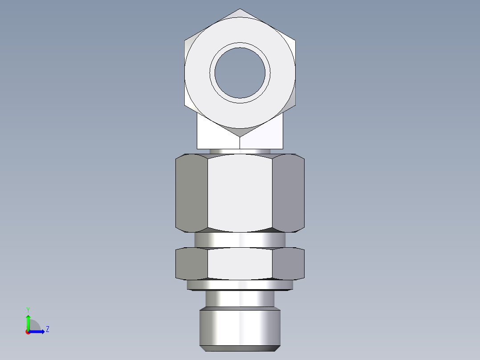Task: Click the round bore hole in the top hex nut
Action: pyautogui.click(x=240, y=73)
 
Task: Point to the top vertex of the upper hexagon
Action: pyautogui.click(x=240, y=9)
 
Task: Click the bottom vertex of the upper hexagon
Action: pyautogui.click(x=240, y=136)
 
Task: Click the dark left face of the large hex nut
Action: pyautogui.click(x=191, y=193)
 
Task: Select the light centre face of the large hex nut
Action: pyautogui.click(x=240, y=193)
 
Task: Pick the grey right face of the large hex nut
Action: pyautogui.click(x=288, y=193)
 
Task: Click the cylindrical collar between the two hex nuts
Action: pyautogui.click(x=240, y=240)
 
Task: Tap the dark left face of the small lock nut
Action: pyautogui.click(x=191, y=264)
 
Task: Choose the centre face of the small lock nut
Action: pyautogui.click(x=240, y=264)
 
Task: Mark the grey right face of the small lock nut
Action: pyautogui.click(x=288, y=264)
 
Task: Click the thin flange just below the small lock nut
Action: pyautogui.click(x=240, y=285)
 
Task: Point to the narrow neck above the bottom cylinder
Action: pyautogui.click(x=240, y=299)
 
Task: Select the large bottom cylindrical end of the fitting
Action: pyautogui.click(x=240, y=327)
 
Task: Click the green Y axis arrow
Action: pyautogui.click(x=28, y=321)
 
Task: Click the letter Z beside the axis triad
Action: pyautogui.click(x=47, y=329)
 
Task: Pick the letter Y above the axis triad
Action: pyautogui.click(x=28, y=309)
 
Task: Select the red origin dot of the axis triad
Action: pyautogui.click(x=28, y=332)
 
